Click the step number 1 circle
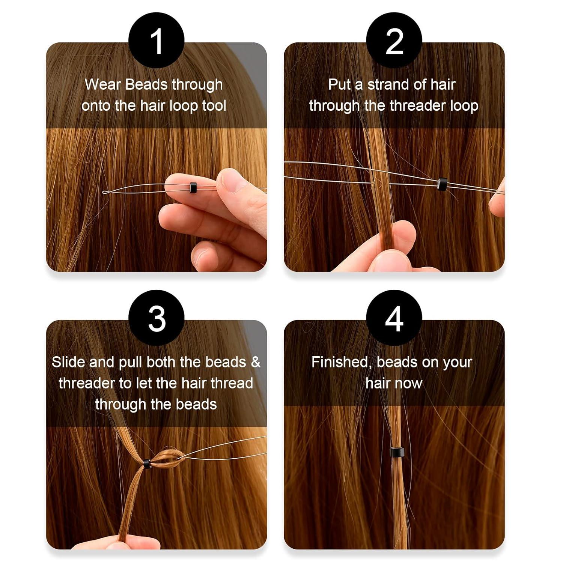156,41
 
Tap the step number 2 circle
394,41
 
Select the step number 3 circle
156,318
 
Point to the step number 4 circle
394,318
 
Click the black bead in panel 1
193,187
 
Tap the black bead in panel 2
442,183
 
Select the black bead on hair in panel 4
396,452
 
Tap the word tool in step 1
214,106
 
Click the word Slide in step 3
68,362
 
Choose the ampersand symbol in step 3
255,362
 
